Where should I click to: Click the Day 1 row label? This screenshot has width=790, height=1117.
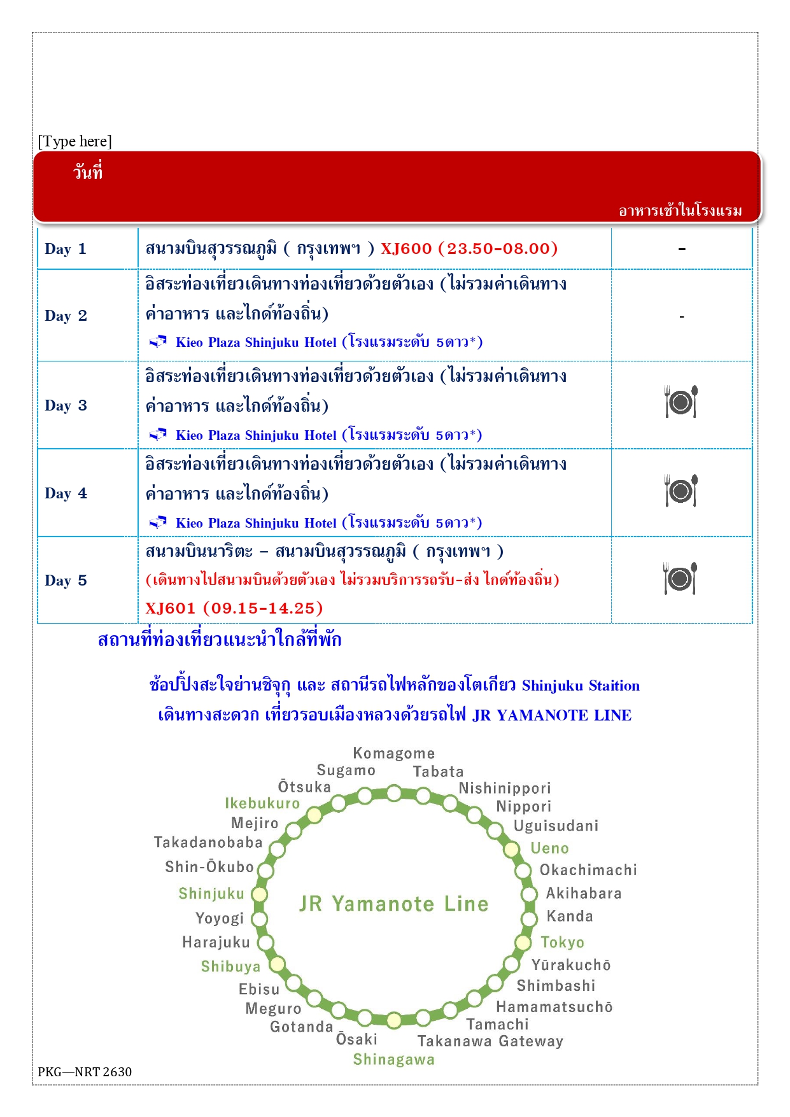tap(65, 249)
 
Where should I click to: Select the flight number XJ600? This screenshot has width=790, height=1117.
tap(406, 248)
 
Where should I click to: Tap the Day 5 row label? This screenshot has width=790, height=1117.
tap(66, 580)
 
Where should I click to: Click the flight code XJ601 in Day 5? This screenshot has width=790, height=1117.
tap(171, 608)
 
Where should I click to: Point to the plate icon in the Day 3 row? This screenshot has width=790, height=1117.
tap(681, 402)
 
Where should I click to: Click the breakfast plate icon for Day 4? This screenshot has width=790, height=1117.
tap(681, 491)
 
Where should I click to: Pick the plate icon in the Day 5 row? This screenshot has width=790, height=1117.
tap(681, 579)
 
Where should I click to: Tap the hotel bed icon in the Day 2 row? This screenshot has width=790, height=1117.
tap(158, 342)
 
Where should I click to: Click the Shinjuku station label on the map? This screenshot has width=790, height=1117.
tap(211, 894)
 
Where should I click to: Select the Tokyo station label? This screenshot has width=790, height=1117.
tap(562, 942)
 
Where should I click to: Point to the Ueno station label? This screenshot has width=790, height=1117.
tap(549, 848)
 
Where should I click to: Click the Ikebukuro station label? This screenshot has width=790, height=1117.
tap(262, 803)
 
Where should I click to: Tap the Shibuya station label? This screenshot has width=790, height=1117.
tap(230, 966)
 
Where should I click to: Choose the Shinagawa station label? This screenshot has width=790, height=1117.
tap(394, 1060)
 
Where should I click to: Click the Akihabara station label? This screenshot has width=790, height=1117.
tap(584, 894)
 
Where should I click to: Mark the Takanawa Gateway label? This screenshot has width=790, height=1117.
tap(490, 1041)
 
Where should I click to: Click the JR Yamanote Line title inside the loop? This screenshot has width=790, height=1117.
tap(394, 904)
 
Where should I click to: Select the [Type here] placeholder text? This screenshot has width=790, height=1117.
tap(75, 141)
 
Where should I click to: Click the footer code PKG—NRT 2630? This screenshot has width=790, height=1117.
tap(85, 1072)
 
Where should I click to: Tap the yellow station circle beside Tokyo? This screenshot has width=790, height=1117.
tap(523, 943)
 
